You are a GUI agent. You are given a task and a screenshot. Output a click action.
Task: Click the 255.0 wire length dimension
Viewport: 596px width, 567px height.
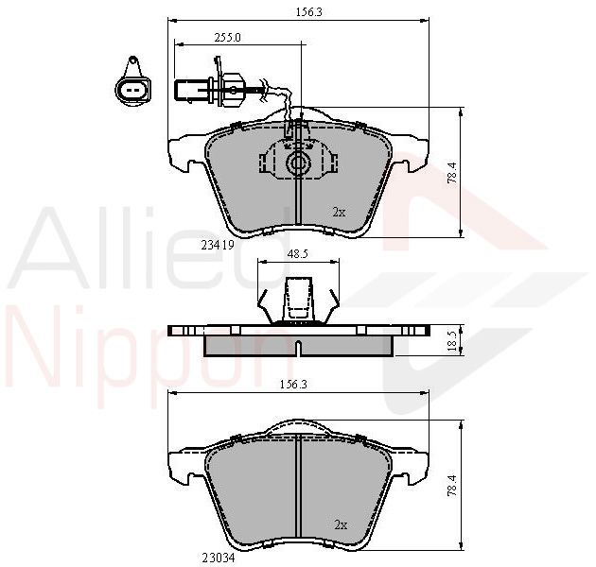pyautogui.click(x=227, y=38)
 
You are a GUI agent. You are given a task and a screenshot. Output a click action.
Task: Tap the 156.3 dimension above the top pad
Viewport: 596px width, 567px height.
pyautogui.click(x=309, y=12)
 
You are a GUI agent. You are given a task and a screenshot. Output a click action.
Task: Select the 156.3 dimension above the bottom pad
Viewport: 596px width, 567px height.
pyautogui.click(x=293, y=385)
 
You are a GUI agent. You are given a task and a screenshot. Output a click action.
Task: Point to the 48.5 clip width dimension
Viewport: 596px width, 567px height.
pyautogui.click(x=297, y=254)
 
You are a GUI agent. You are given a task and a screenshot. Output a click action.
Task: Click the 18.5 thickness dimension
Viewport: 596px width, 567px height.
pyautogui.click(x=452, y=340)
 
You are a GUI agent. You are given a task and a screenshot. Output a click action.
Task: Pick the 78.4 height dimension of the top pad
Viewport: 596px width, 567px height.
pyautogui.click(x=452, y=173)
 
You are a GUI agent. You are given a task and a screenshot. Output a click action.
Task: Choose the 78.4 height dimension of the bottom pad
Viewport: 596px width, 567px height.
pyautogui.click(x=452, y=486)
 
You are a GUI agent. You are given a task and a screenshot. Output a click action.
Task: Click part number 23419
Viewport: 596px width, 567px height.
pyautogui.click(x=217, y=246)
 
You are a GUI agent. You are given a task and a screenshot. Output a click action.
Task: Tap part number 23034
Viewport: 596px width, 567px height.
pyautogui.click(x=219, y=558)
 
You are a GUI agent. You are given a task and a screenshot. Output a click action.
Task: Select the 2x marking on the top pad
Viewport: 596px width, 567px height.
pyautogui.click(x=339, y=213)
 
